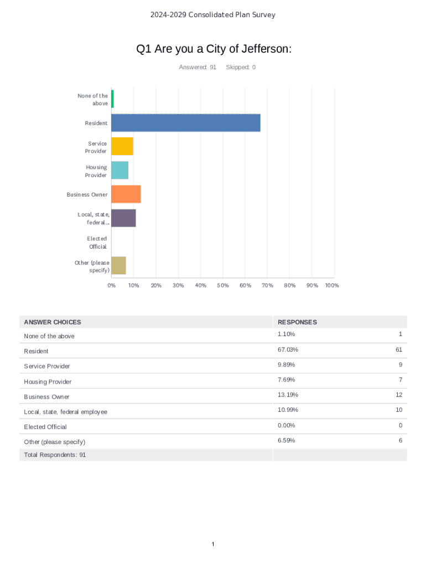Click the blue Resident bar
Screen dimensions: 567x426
pyautogui.click(x=185, y=123)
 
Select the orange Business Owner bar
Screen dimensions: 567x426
pyautogui.click(x=126, y=194)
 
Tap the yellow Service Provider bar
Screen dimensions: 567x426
pyautogui.click(x=122, y=147)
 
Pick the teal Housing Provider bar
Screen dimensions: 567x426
pyautogui.click(x=120, y=171)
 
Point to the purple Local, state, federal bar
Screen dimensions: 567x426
pyautogui.click(x=123, y=218)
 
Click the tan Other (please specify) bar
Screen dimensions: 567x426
pyautogui.click(x=118, y=266)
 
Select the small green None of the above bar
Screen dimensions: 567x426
pyautogui.click(x=112, y=99)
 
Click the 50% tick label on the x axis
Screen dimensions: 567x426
pyautogui.click(x=223, y=286)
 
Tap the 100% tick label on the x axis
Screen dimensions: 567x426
pyautogui.click(x=332, y=286)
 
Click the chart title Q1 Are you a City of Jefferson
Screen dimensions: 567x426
pyautogui.click(x=214, y=49)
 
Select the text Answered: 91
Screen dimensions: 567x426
pyautogui.click(x=198, y=68)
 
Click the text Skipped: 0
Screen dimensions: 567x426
pyautogui.click(x=241, y=68)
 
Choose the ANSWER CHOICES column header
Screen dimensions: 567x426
pyautogui.click(x=53, y=322)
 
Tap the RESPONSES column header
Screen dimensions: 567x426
pyautogui.click(x=298, y=322)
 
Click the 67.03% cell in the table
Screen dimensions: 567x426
pyautogui.click(x=287, y=350)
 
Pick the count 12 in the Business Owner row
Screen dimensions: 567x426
pyautogui.click(x=398, y=395)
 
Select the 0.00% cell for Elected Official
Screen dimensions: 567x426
pyautogui.click(x=287, y=426)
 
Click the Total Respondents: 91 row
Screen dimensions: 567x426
pyautogui.click(x=55, y=455)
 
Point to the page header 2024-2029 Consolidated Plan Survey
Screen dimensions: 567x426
pyautogui.click(x=213, y=15)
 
